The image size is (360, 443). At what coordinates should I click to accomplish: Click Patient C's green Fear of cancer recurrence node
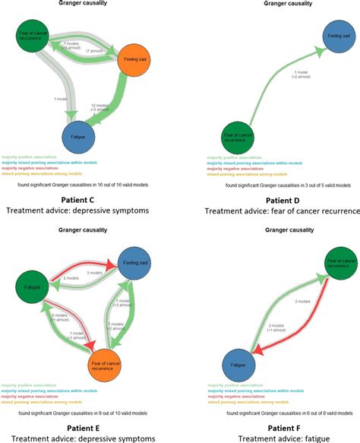32,38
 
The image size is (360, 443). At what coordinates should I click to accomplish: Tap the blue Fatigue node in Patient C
77,137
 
